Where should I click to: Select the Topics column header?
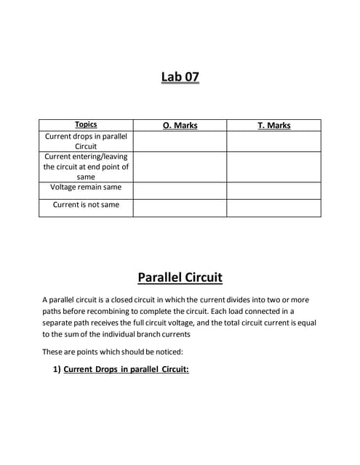coord(86,125)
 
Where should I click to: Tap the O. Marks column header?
coord(180,125)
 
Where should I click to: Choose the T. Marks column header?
coord(273,125)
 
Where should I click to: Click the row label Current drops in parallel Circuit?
coord(86,141)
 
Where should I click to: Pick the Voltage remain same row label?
coord(86,187)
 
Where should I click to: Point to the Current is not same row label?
coord(86,205)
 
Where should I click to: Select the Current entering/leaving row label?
coord(86,166)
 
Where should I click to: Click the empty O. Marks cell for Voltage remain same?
coord(180,190)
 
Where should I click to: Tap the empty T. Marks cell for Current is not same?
coord(273,208)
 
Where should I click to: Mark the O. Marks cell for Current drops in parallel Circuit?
coord(180,141)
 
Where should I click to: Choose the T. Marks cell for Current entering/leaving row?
coord(273,166)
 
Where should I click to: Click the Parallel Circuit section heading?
coord(180,278)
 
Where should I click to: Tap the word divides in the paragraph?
coord(241,299)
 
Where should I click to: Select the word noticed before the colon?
coord(146,352)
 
